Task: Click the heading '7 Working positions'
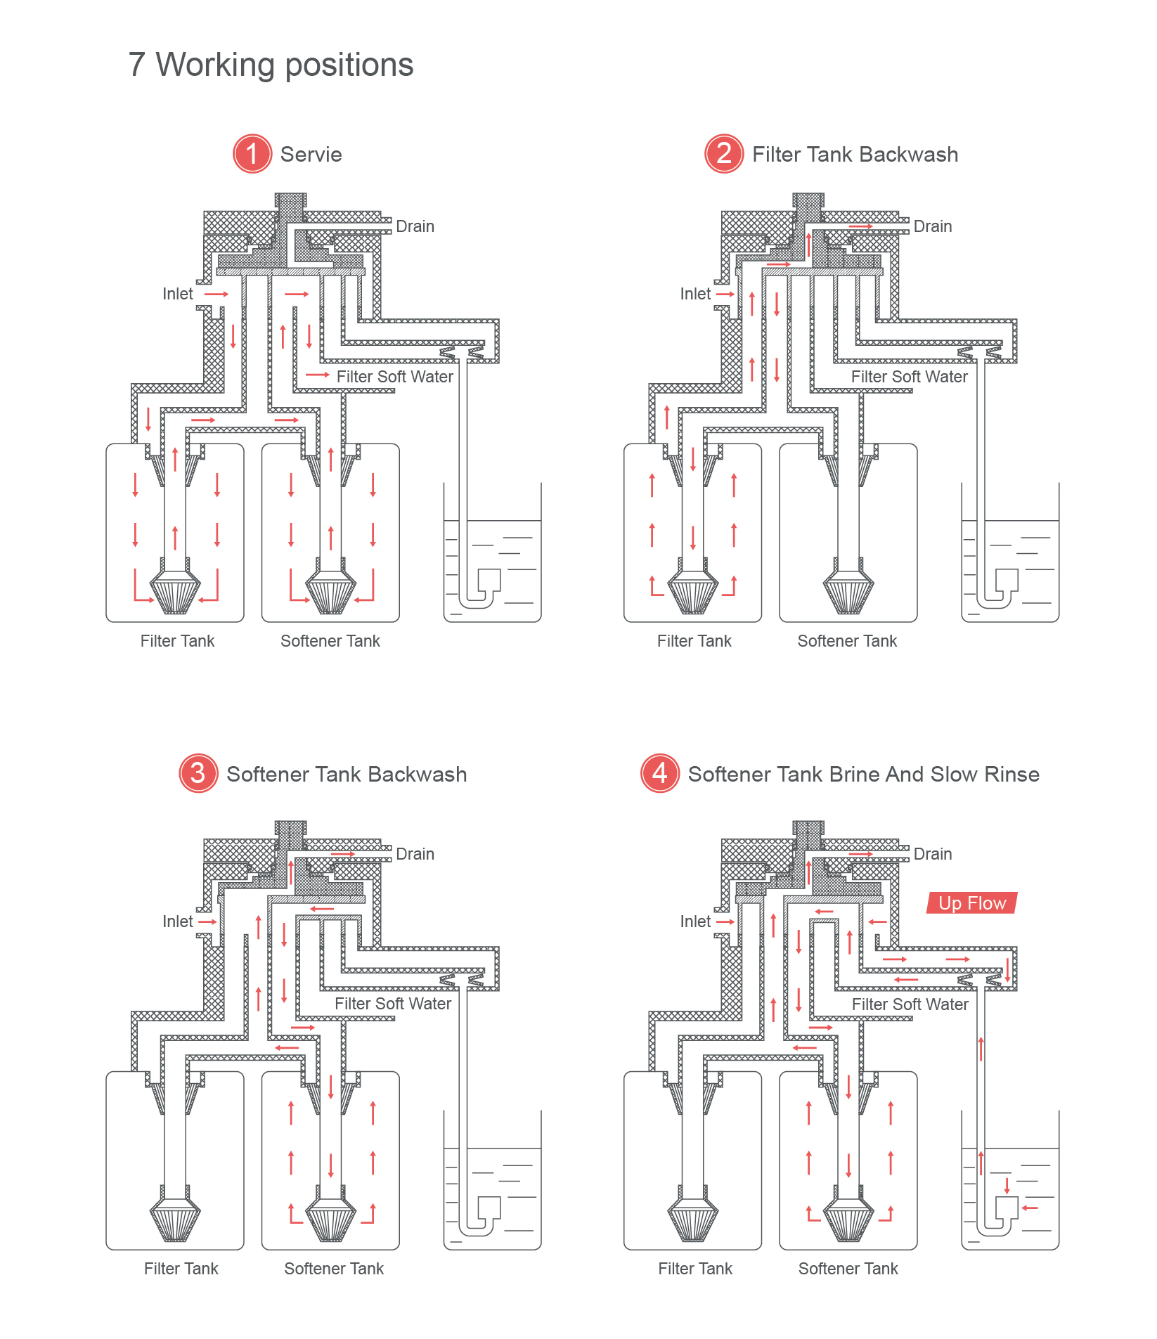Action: click(271, 65)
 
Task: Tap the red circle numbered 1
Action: click(252, 154)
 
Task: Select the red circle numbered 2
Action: click(724, 154)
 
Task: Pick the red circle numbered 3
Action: click(198, 773)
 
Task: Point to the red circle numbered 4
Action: click(660, 773)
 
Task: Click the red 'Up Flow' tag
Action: click(972, 903)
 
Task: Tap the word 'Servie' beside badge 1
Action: click(311, 155)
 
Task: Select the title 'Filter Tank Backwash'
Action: click(855, 155)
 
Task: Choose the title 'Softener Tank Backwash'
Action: click(347, 775)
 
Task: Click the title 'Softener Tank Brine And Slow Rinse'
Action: click(863, 775)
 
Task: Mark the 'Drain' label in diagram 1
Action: click(415, 226)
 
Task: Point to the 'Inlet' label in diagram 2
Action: click(695, 294)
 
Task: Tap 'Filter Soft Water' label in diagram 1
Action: click(394, 377)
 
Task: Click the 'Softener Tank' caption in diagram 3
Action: click(334, 1269)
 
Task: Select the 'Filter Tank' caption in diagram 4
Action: click(695, 1269)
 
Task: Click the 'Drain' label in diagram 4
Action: click(933, 854)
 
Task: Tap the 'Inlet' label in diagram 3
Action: click(177, 921)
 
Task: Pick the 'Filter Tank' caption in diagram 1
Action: click(177, 641)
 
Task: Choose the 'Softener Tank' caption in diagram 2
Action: click(847, 641)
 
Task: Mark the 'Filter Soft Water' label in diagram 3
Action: click(393, 1004)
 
